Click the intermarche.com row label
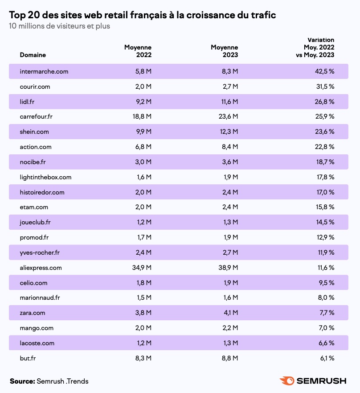click(44, 71)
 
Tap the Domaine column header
click(33, 55)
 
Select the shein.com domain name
click(34, 132)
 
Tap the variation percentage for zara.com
click(326, 313)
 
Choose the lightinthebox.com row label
click(45, 177)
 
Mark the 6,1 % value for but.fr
click(326, 358)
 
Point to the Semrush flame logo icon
click(286, 381)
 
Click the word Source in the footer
click(22, 381)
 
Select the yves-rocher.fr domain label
click(40, 252)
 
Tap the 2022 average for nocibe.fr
click(143, 162)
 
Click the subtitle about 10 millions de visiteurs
click(59, 26)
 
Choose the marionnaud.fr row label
click(40, 298)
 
